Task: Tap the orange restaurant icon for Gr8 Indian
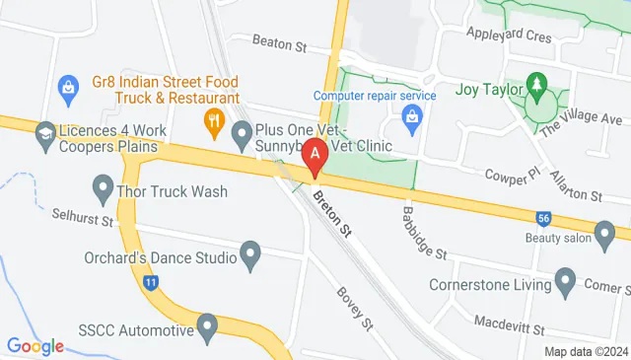click(212, 122)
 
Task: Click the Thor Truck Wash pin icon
click(103, 185)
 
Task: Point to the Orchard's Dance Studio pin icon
click(250, 258)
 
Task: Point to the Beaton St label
click(280, 43)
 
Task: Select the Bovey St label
click(354, 309)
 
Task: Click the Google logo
click(35, 346)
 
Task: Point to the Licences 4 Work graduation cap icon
click(44, 132)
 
